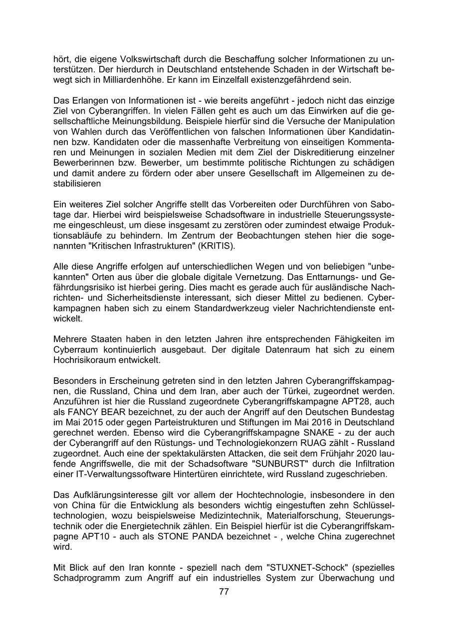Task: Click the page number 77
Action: coord(224,592)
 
